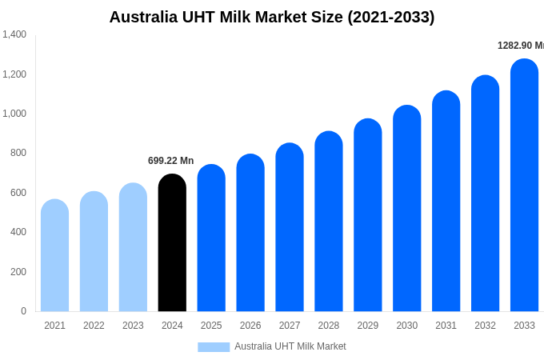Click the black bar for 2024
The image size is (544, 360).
point(172,243)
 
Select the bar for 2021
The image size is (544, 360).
point(54,256)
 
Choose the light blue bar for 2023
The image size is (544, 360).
point(133,248)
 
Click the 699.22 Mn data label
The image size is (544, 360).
point(170,161)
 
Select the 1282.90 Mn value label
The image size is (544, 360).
point(520,46)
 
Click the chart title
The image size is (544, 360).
point(272,17)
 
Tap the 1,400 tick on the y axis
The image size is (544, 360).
point(14,34)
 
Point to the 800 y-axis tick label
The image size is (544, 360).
point(18,153)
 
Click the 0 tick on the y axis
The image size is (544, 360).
point(23,311)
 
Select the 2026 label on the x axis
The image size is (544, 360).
point(250,326)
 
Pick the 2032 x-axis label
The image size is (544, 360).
point(485,326)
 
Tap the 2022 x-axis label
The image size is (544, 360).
point(94,326)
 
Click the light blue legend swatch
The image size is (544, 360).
point(214,346)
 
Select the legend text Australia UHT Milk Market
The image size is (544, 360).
point(290,346)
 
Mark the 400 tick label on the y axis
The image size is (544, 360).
point(18,232)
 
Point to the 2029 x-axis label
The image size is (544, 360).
point(368,326)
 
